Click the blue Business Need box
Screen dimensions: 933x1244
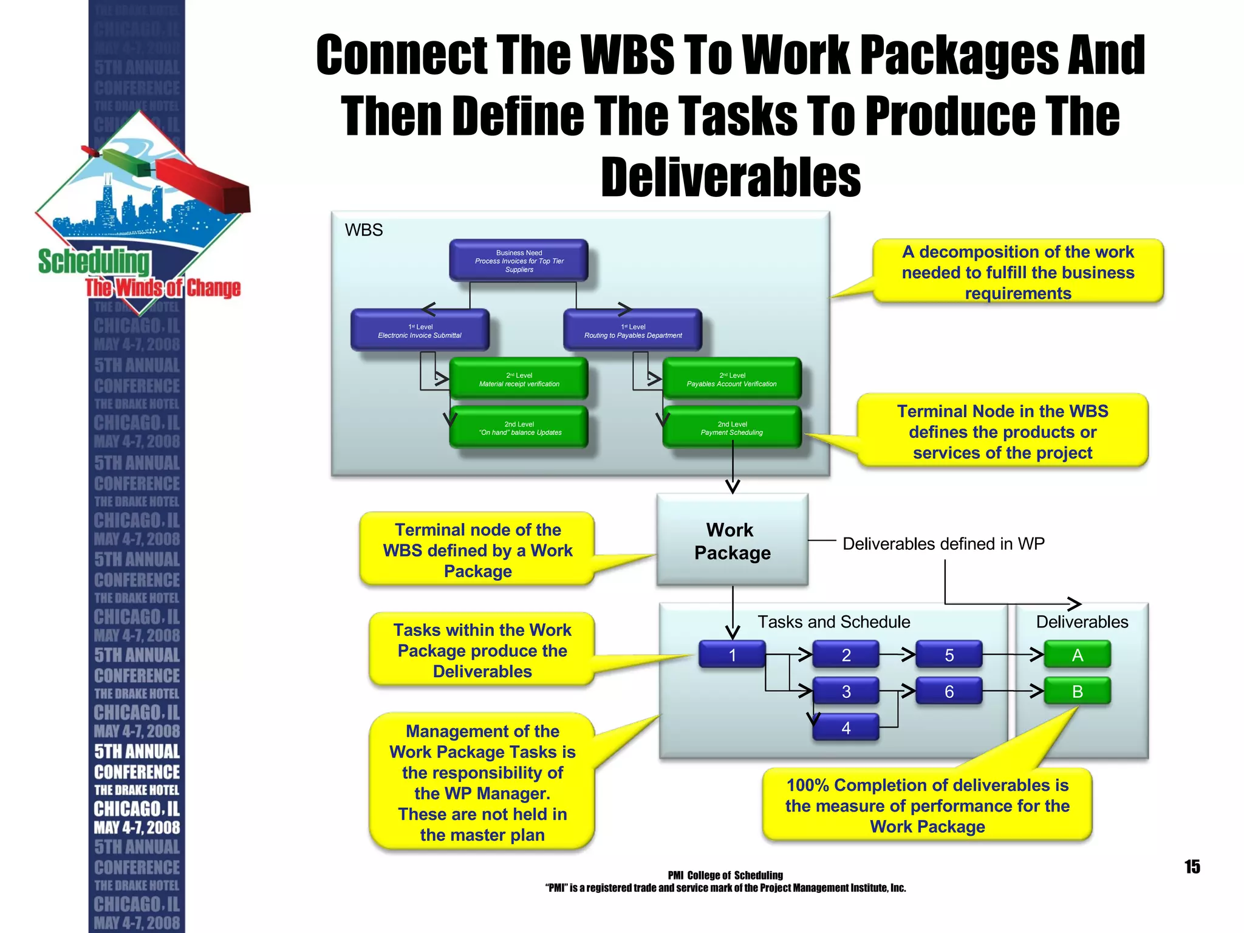(519, 261)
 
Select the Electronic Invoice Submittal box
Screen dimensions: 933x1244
(420, 330)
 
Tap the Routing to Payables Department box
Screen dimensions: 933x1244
(633, 330)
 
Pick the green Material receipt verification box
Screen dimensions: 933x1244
(519, 379)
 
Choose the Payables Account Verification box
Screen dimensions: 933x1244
(732, 379)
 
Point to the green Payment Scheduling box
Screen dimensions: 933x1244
(732, 428)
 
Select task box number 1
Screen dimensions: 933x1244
(732, 655)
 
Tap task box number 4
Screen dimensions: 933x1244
(846, 728)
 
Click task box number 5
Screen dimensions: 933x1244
(949, 655)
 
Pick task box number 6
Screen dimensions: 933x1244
(949, 691)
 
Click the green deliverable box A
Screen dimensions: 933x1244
(1078, 655)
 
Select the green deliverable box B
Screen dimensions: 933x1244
(1078, 691)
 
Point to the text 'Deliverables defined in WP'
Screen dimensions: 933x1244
(943, 544)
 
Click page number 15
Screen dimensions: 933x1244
(1192, 867)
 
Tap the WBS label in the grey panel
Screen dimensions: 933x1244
(364, 230)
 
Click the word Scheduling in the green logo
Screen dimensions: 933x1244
(94, 262)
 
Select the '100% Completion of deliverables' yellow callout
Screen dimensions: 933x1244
(927, 805)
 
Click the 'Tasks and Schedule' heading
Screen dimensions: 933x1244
(833, 622)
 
